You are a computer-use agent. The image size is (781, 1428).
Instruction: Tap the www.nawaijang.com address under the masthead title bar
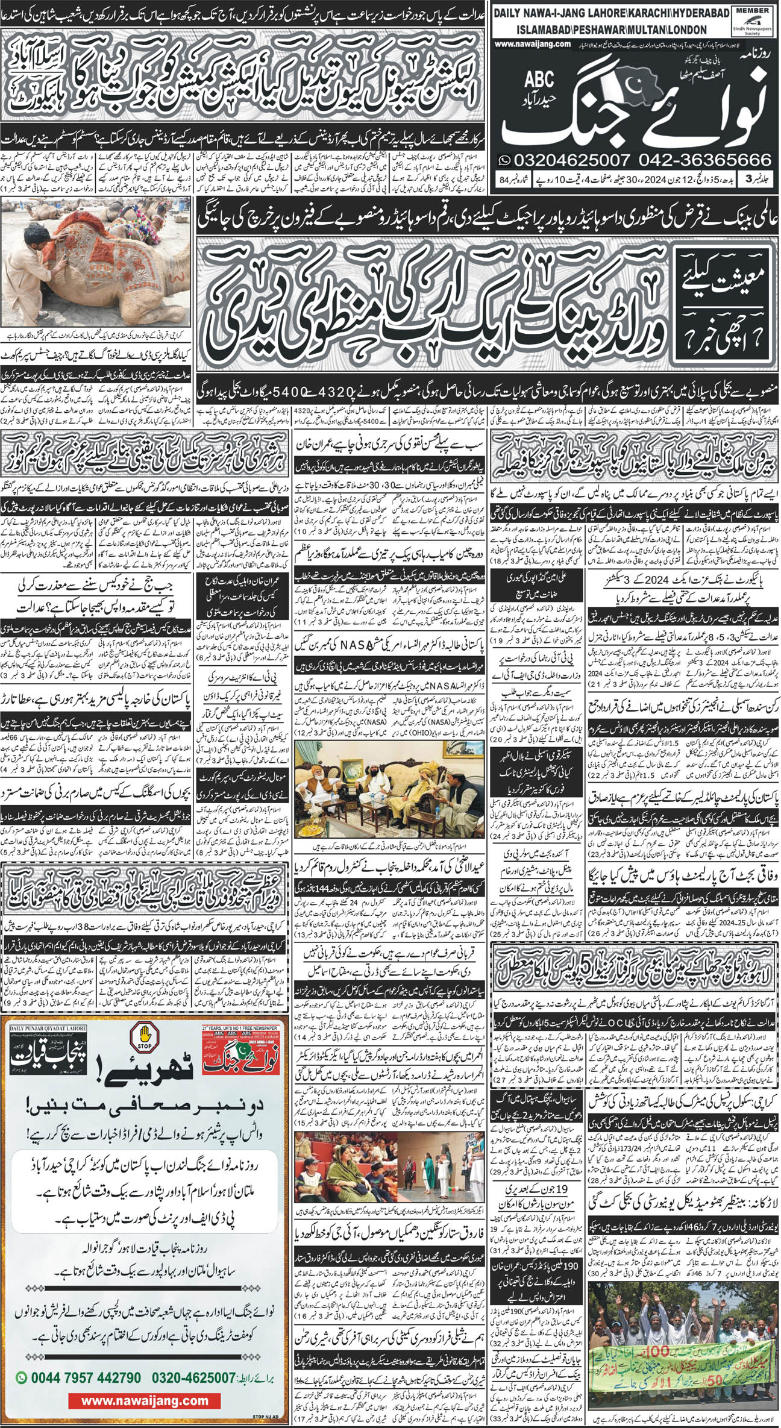pos(531,44)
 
